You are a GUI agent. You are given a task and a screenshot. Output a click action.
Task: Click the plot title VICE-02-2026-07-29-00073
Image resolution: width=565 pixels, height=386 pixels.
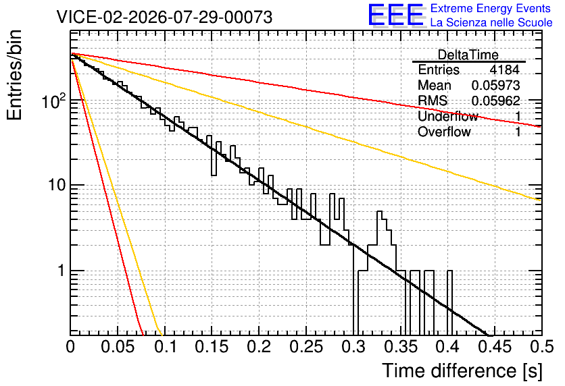[x=164, y=17]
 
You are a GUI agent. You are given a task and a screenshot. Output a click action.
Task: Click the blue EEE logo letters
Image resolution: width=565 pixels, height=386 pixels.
[x=395, y=15]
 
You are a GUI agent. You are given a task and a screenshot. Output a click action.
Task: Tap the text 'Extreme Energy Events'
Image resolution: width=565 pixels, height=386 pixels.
[x=491, y=8]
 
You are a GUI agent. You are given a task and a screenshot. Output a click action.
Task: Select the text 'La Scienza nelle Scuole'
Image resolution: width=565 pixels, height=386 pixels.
[x=491, y=23]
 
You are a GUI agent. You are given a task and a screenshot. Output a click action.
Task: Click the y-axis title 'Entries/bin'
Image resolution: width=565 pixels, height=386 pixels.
[x=14, y=75]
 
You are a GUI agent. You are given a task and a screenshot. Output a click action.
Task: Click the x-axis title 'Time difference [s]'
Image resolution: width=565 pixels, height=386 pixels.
[x=462, y=371]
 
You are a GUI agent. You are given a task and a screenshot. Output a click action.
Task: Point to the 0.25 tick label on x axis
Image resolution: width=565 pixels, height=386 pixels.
[x=306, y=347]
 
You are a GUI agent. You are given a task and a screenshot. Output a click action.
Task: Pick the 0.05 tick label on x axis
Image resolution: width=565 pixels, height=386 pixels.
[x=118, y=347]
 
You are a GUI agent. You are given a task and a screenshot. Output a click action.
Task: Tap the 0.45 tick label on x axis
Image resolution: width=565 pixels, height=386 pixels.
[x=495, y=347]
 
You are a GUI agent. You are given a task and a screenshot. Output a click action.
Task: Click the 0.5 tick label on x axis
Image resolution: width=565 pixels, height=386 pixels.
[x=542, y=347]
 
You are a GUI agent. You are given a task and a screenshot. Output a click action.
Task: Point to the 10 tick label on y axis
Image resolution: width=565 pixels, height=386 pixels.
[x=57, y=186]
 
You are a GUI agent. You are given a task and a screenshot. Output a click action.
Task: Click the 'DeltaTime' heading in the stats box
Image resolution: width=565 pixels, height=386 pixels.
[x=468, y=55]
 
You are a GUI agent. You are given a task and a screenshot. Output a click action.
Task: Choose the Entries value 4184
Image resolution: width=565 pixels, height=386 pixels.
[x=504, y=70]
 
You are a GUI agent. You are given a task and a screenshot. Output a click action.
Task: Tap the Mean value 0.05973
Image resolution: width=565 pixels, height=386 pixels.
[x=496, y=85]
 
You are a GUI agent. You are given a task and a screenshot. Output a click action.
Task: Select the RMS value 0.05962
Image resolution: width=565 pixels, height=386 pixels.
[x=496, y=101]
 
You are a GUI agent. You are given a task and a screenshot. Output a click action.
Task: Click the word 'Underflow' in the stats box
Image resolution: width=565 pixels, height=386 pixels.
[x=448, y=116]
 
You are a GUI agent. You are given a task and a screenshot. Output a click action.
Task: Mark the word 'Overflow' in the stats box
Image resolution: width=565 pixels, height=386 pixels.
[x=444, y=132]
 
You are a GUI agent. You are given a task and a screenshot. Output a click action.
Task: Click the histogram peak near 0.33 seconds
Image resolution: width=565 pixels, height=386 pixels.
[x=379, y=212]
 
